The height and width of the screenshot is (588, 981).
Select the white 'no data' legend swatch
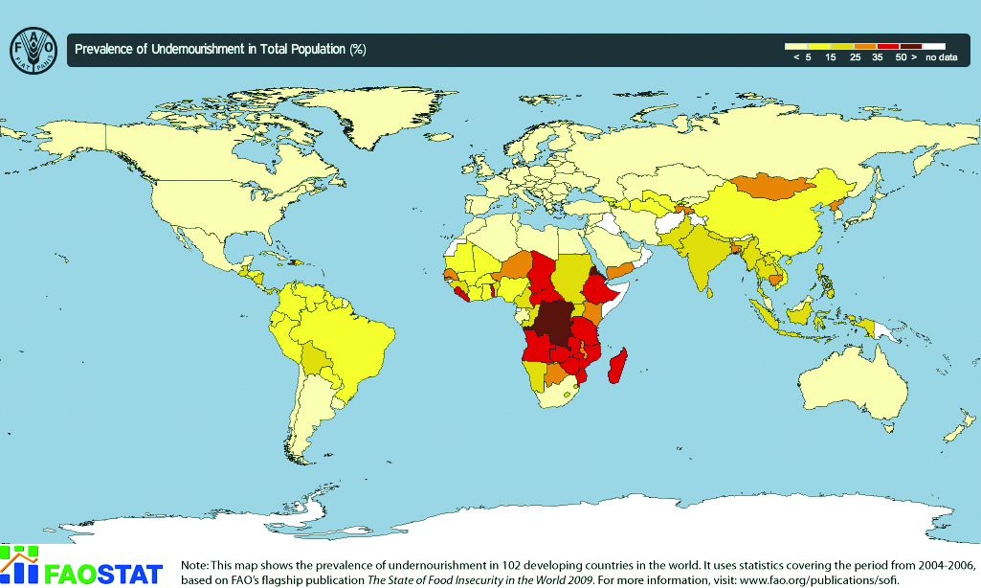(934, 45)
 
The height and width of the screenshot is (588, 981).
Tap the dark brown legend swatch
(910, 45)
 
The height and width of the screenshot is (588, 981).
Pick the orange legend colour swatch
(864, 45)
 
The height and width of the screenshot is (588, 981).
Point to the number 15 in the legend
(831, 57)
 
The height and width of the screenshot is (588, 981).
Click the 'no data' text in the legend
(941, 57)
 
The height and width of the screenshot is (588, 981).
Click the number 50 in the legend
(901, 57)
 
